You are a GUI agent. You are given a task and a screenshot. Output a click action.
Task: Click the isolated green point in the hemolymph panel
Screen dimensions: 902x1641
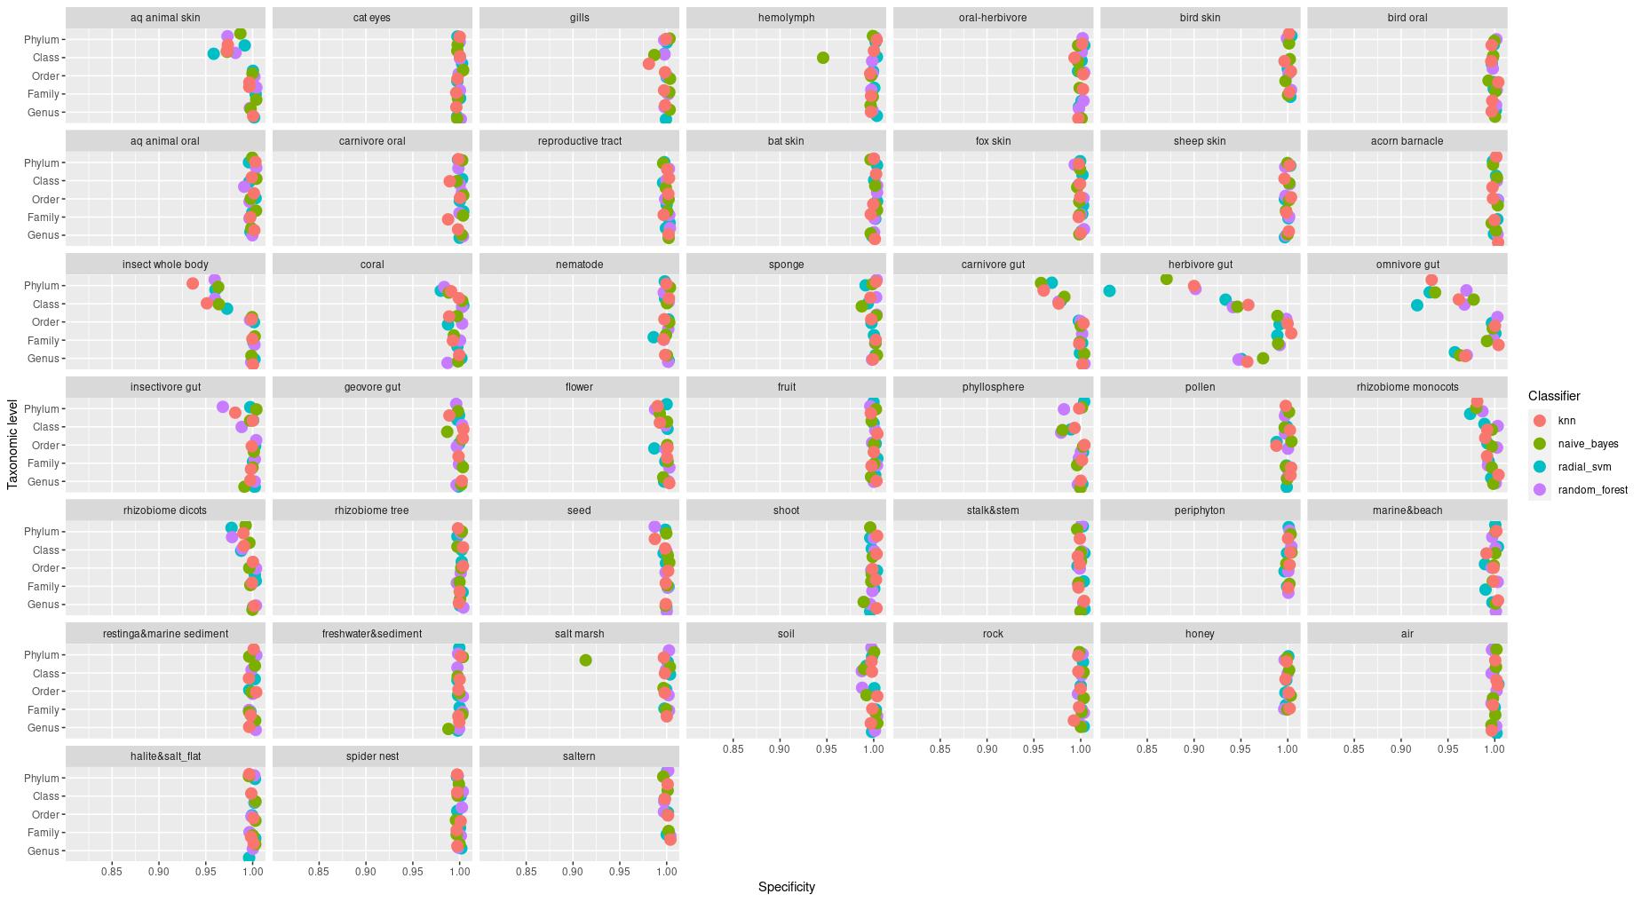tap(822, 58)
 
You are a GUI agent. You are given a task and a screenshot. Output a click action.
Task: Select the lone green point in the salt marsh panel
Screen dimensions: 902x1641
tap(585, 660)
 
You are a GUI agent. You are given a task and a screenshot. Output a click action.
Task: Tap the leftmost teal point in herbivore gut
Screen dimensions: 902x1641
tap(1109, 290)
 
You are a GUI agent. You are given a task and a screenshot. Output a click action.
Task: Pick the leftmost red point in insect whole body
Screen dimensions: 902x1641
tap(193, 283)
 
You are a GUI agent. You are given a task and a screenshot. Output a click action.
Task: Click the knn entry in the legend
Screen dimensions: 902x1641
tap(1566, 421)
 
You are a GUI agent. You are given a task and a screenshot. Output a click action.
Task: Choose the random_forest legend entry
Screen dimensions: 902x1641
tap(1592, 490)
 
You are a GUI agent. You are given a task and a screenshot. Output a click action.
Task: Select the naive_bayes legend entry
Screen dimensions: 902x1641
tap(1588, 444)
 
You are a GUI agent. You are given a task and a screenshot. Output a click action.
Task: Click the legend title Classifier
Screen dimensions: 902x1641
tap(1554, 396)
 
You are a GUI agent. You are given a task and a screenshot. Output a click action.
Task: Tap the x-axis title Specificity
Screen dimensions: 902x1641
tap(786, 887)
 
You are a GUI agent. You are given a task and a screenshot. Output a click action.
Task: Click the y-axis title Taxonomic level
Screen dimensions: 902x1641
tap(12, 445)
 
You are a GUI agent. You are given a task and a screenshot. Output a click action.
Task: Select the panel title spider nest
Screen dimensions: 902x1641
tap(372, 756)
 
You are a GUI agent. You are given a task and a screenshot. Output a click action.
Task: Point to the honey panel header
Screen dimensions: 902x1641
tap(1200, 634)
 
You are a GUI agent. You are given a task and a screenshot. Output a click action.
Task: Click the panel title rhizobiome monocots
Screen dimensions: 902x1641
tap(1407, 387)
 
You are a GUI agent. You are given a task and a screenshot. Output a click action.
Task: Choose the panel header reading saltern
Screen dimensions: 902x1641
tap(579, 756)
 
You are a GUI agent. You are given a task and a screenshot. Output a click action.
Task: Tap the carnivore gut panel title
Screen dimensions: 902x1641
tap(993, 265)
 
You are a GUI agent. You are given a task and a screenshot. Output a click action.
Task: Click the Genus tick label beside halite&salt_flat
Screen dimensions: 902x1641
tap(43, 851)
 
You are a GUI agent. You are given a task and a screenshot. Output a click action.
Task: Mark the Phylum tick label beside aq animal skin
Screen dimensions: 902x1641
tap(41, 40)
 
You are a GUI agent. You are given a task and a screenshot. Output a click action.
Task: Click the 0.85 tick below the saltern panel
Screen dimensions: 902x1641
tap(526, 872)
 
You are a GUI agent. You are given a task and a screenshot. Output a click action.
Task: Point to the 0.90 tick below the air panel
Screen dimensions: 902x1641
tap(1400, 749)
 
